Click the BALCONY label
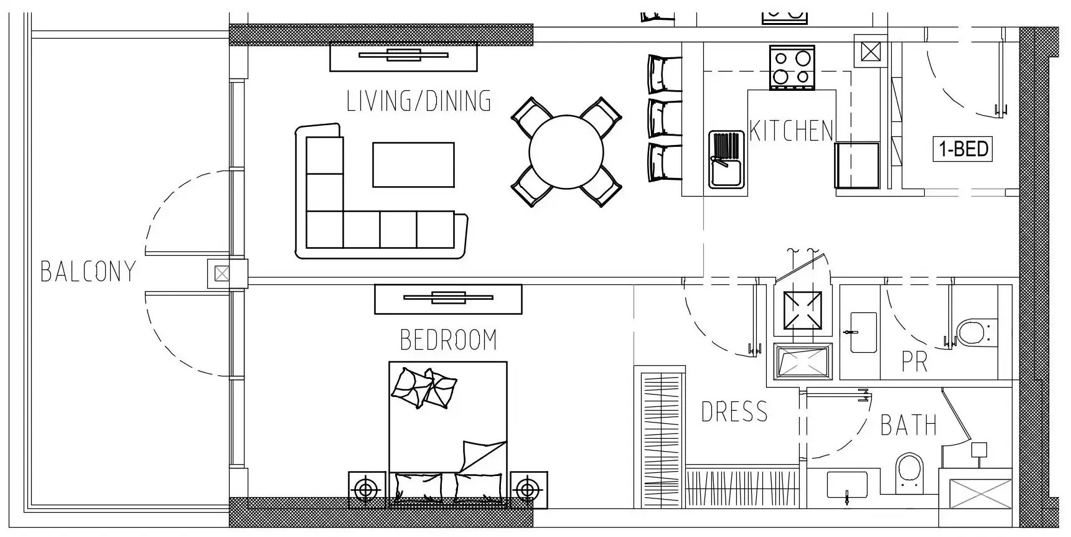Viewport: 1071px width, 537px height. click(x=88, y=271)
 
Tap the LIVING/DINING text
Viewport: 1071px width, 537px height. click(x=419, y=101)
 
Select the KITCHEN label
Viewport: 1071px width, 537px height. click(x=791, y=131)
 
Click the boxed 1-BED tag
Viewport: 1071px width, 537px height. click(x=963, y=149)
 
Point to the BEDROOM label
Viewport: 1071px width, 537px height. click(x=448, y=340)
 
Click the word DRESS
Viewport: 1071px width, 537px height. click(x=734, y=412)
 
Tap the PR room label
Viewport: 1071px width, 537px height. click(x=915, y=362)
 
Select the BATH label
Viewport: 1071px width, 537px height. click(x=909, y=426)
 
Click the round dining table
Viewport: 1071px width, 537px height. click(x=566, y=152)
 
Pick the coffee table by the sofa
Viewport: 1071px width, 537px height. click(x=413, y=164)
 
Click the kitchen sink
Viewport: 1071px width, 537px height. click(x=726, y=159)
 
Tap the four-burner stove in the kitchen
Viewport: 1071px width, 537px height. click(x=792, y=67)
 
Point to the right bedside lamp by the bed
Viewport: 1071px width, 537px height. click(x=529, y=490)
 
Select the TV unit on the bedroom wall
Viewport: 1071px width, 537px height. click(x=448, y=299)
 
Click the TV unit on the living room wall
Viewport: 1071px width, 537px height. click(x=403, y=57)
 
